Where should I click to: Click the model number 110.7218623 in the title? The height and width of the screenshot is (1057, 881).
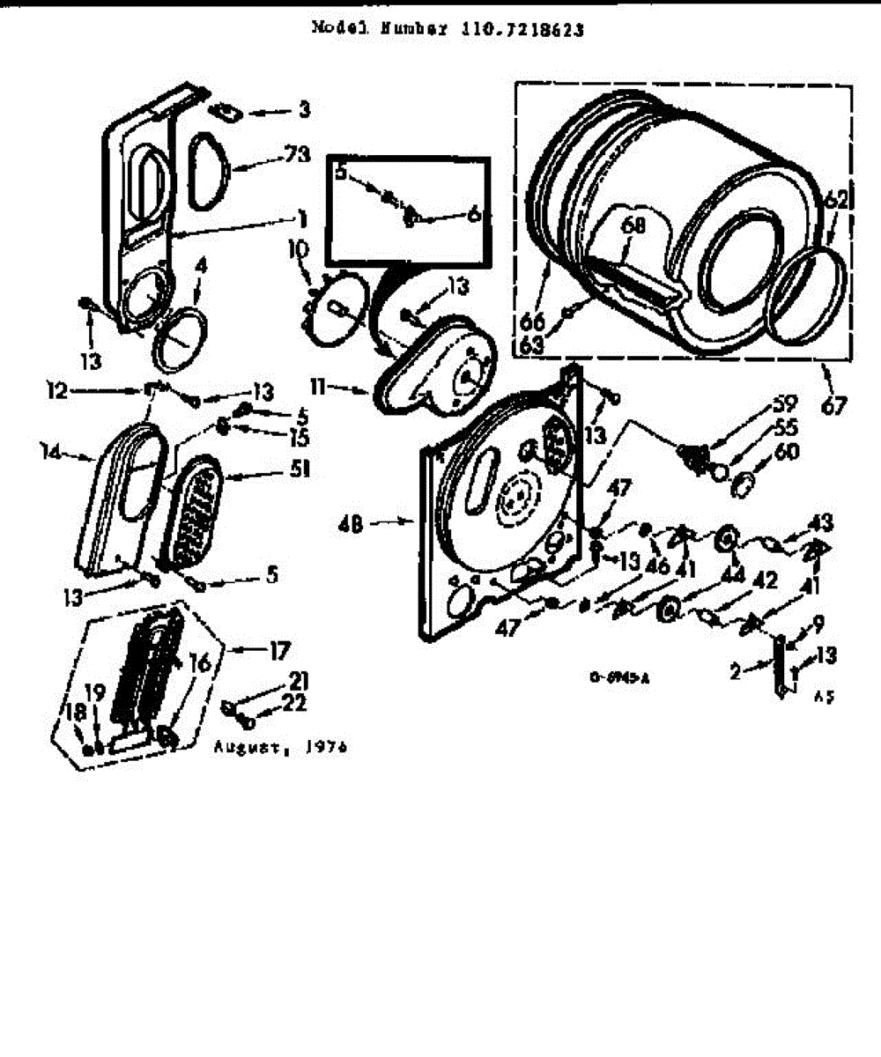[x=522, y=27]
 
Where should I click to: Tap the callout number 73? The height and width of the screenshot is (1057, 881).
[x=298, y=155]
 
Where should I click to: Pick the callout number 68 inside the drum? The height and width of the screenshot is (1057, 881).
[x=633, y=225]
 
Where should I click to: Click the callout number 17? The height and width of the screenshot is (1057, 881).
[x=280, y=653]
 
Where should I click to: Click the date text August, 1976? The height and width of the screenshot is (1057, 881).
[x=280, y=747]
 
